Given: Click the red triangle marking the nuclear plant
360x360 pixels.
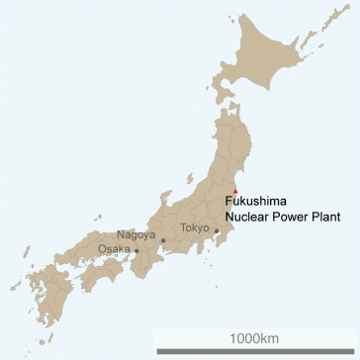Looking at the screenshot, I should [234, 189].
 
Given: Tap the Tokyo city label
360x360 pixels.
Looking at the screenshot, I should [194, 228].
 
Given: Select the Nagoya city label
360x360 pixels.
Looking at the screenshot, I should [135, 234].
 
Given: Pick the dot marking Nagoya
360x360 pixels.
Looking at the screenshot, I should [163, 240].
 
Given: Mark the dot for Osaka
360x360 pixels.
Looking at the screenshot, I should [137, 251].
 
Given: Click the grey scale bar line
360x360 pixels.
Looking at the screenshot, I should [255, 350].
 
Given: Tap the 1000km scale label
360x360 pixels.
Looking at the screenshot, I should [255, 338].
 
